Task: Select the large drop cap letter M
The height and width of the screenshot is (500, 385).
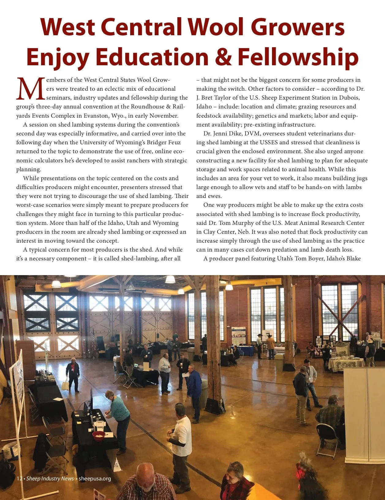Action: pos(31,89)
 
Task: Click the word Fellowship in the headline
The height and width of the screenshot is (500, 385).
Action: pos(298,57)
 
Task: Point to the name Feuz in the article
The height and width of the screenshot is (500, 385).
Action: pos(174,142)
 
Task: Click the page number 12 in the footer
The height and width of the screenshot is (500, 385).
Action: pos(19,479)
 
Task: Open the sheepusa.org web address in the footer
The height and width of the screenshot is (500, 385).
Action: pos(95,479)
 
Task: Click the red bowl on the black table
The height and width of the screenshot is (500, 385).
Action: pos(99,435)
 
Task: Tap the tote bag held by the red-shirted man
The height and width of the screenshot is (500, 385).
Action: pos(65,384)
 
